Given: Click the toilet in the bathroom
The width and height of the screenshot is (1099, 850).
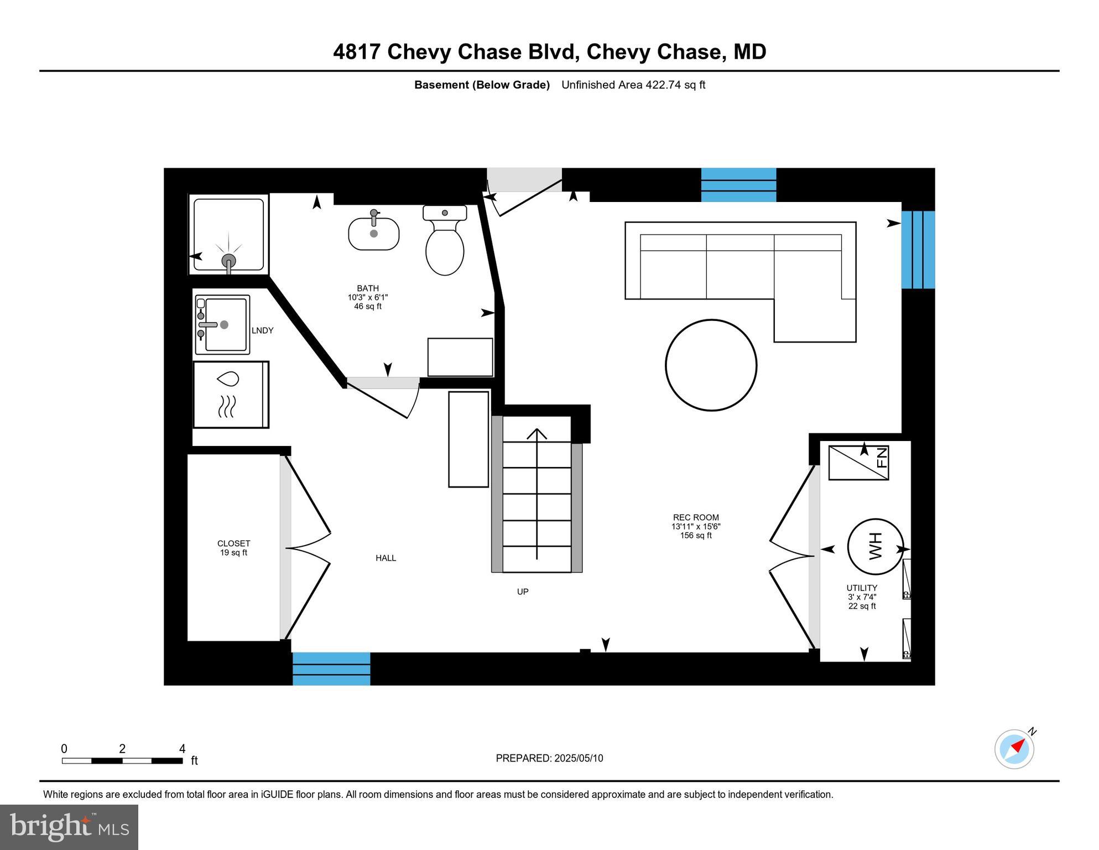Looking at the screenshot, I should (445, 243).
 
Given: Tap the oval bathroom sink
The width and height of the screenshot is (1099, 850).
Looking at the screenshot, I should (373, 234).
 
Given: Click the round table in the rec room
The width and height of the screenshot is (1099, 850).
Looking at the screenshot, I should (711, 365).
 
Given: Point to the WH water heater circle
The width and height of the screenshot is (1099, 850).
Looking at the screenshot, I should (875, 546).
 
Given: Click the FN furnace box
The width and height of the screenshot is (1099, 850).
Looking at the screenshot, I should (858, 463).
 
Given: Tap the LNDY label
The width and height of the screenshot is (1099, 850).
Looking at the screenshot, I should (262, 330).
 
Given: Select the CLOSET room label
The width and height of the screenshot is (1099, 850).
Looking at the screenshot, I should (233, 543).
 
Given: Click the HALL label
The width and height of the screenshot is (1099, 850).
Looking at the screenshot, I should (386, 558).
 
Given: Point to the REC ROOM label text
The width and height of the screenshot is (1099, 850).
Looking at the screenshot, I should (696, 517).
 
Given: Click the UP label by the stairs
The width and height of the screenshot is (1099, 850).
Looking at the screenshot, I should (523, 592).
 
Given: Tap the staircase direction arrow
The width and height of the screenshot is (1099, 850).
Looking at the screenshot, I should (537, 493).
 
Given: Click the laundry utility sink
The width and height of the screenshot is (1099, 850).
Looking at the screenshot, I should (222, 325).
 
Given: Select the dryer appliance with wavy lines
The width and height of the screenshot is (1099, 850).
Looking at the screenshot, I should (231, 395).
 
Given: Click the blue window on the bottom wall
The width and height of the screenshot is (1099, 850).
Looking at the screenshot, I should (331, 668).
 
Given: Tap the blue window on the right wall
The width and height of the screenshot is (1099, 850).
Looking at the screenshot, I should (918, 250).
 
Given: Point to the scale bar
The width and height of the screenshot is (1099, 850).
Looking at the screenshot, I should (122, 761).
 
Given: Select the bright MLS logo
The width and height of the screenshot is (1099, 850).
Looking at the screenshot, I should (69, 827).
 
